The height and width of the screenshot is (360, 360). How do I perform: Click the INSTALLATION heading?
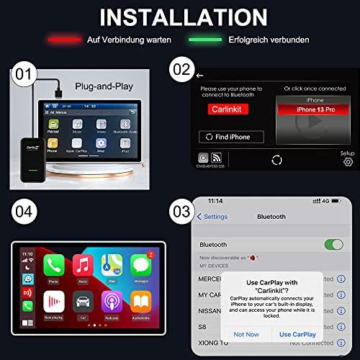pyautogui.click(x=180, y=17)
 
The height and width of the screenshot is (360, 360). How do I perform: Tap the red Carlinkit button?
pyautogui.click(x=228, y=112)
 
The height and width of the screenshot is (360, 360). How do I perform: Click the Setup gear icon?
pyautogui.click(x=348, y=161)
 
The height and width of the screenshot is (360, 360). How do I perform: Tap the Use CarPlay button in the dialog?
pyautogui.click(x=297, y=334)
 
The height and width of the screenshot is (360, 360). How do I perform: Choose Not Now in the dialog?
pyautogui.click(x=246, y=334)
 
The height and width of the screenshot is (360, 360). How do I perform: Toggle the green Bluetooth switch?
pyautogui.click(x=334, y=245)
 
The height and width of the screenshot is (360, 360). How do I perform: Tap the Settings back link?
pyautogui.click(x=212, y=217)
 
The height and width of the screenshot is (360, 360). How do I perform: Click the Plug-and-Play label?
pyautogui.click(x=104, y=79)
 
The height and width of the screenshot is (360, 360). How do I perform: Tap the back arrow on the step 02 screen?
pyautogui.click(x=199, y=74)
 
